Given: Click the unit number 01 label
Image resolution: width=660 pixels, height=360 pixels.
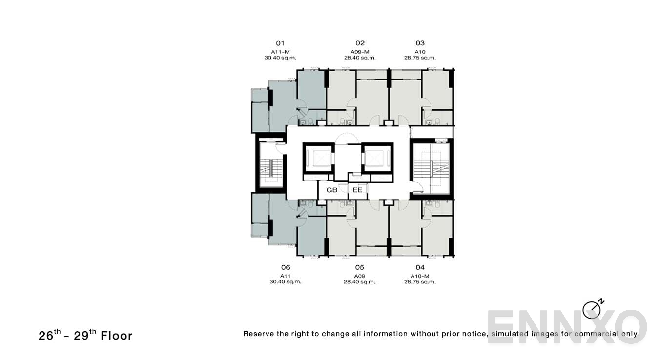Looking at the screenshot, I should pyautogui.click(x=280, y=43).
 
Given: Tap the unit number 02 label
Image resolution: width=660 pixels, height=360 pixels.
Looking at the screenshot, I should pyautogui.click(x=360, y=43).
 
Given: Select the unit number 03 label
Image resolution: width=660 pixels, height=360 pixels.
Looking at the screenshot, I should pyautogui.click(x=420, y=43).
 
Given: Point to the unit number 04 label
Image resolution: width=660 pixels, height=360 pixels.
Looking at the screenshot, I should pyautogui.click(x=420, y=267).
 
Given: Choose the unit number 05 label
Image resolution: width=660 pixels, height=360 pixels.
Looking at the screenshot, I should pyautogui.click(x=360, y=267).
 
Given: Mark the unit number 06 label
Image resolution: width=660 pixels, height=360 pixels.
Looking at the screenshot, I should pyautogui.click(x=286, y=267).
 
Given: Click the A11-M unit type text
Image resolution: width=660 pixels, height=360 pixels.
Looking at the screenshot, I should pyautogui.click(x=280, y=52).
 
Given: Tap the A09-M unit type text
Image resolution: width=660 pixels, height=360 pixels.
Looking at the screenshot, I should pyautogui.click(x=360, y=52).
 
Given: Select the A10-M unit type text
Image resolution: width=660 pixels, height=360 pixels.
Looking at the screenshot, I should pyautogui.click(x=420, y=276).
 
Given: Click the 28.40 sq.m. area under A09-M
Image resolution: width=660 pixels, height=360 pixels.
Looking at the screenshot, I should pyautogui.click(x=360, y=58).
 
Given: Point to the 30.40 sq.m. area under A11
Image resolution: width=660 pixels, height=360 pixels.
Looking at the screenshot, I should pyautogui.click(x=286, y=281).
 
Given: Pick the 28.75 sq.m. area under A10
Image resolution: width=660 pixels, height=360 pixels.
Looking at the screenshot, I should pyautogui.click(x=420, y=58).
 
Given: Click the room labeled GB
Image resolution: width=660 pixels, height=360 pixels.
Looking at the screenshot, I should pyautogui.click(x=332, y=190).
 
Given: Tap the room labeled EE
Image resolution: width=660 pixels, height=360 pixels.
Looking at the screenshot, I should pyautogui.click(x=357, y=190).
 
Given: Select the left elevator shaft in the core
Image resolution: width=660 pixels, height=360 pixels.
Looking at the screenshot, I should pyautogui.click(x=318, y=158).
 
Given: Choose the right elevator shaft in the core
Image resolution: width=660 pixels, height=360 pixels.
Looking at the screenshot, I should pyautogui.click(x=377, y=158).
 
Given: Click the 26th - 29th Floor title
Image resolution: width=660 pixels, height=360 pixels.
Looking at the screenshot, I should pyautogui.click(x=85, y=335).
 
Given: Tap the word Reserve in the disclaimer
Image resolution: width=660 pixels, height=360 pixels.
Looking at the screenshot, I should pyautogui.click(x=259, y=334).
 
